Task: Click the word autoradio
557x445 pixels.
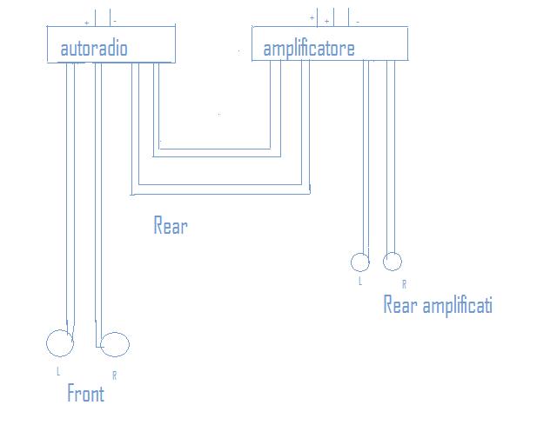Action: tap(94, 48)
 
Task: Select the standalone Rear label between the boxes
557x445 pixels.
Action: tap(171, 226)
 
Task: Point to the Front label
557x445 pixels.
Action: tap(85, 394)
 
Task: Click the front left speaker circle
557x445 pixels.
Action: tap(59, 343)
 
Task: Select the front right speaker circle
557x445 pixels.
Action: tap(115, 345)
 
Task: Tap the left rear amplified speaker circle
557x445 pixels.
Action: tap(359, 262)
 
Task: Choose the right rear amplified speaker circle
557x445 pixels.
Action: tap(393, 261)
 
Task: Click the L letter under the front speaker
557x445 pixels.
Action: tap(58, 371)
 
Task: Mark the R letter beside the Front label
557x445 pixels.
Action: tap(114, 375)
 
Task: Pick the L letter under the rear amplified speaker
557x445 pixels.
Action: tap(359, 281)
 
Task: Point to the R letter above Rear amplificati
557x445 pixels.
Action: tap(403, 284)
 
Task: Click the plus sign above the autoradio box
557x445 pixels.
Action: tap(86, 20)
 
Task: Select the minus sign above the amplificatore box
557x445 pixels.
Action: tap(358, 20)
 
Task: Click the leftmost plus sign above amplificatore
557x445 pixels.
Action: tap(312, 17)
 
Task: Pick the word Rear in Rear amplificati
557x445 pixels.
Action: tap(400, 305)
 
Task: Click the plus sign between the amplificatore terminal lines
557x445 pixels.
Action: tap(326, 20)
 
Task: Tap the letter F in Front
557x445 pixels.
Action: tap(71, 394)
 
